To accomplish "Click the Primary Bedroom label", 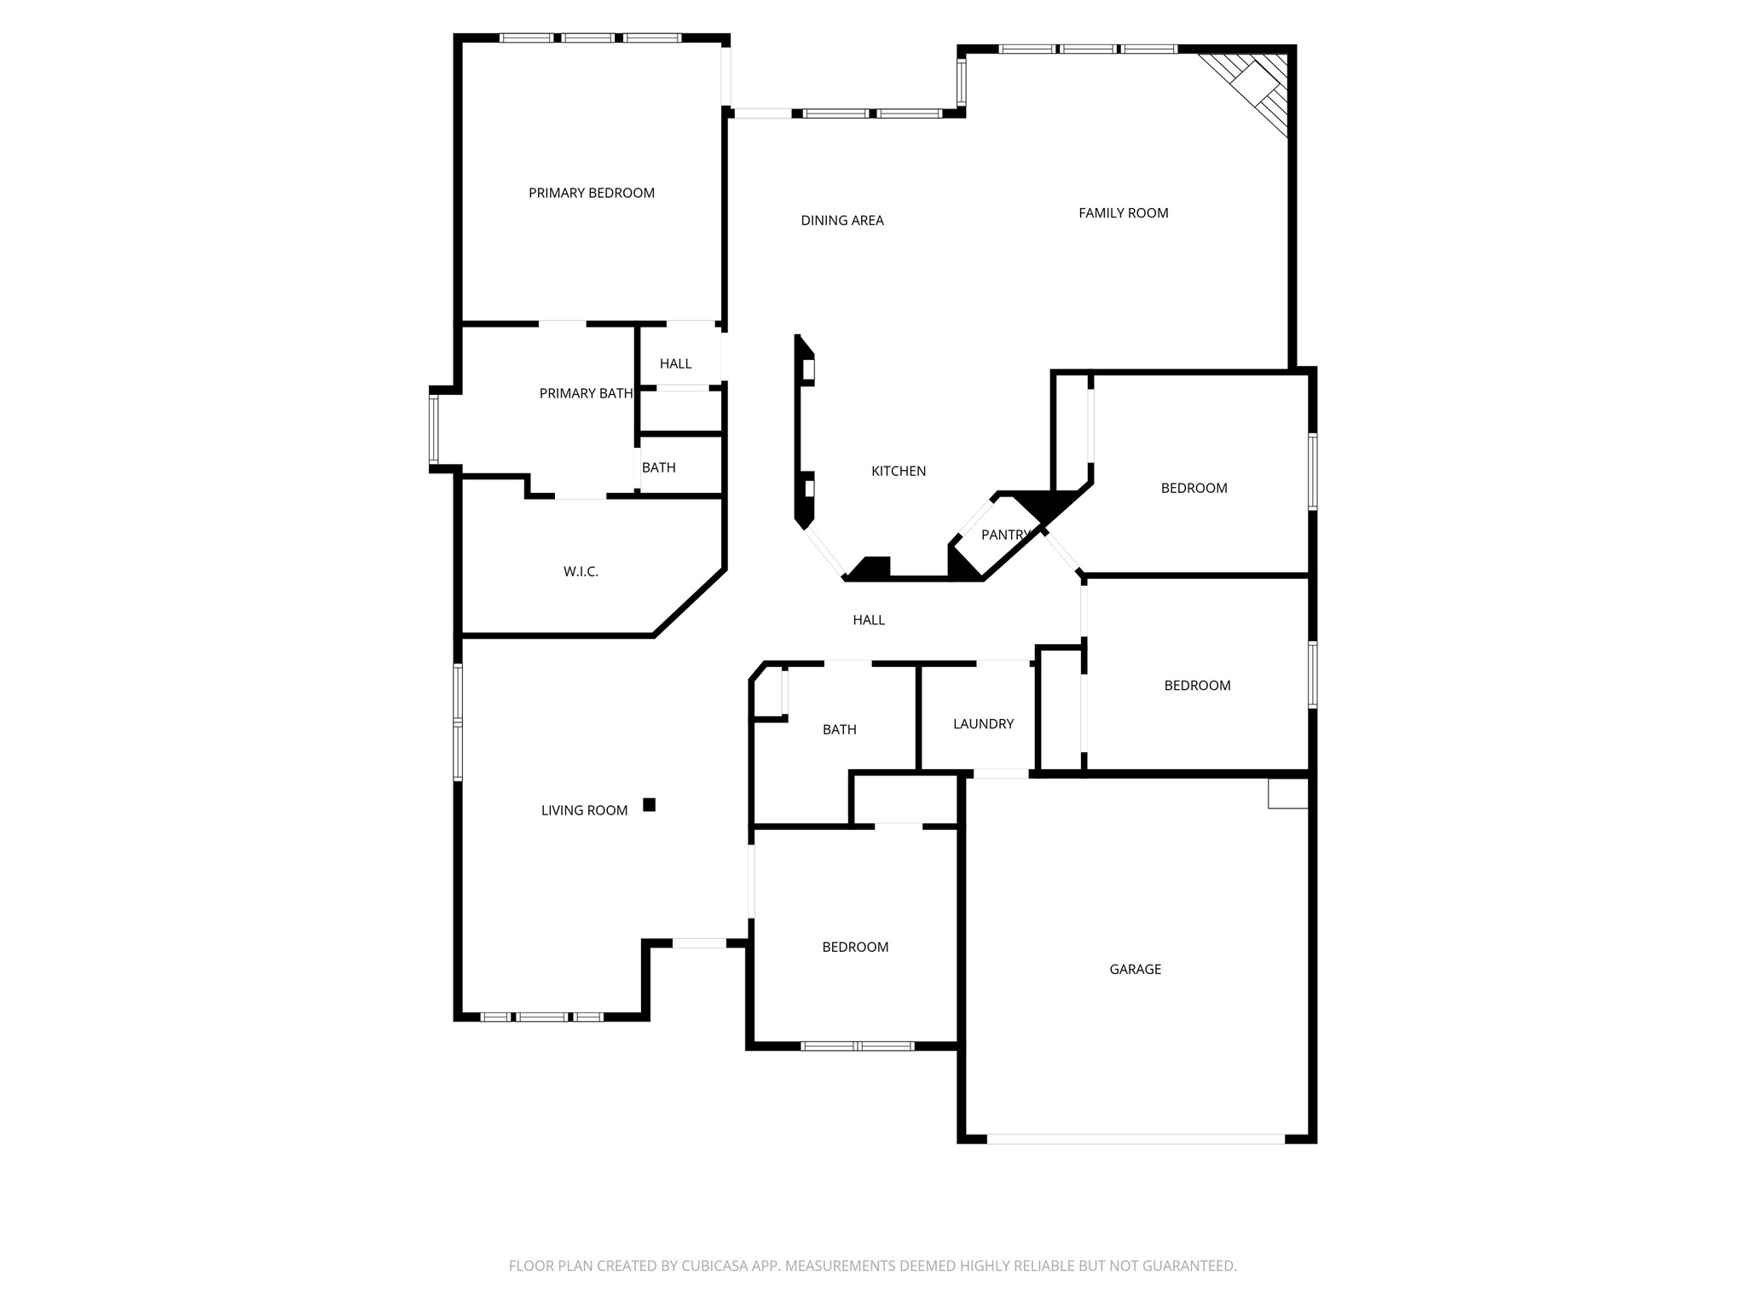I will point(591,194).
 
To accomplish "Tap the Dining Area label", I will point(841,221).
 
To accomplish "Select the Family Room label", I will point(1123,213).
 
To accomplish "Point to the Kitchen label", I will point(898,472).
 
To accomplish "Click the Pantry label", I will point(1005,535).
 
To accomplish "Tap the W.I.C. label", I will point(581,571).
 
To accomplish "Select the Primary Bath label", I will point(586,394).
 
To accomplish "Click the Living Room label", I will point(584,811).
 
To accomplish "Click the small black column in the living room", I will point(649,804).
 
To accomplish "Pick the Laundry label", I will point(983,724).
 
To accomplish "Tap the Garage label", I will point(1135,970).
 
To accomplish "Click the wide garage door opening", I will point(1135,1139).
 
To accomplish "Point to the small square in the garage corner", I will point(1287,793).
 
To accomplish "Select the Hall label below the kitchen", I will point(869,621).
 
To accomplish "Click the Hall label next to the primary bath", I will point(675,364).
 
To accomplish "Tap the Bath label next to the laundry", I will point(839,730).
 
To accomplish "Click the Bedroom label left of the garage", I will point(855,948).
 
